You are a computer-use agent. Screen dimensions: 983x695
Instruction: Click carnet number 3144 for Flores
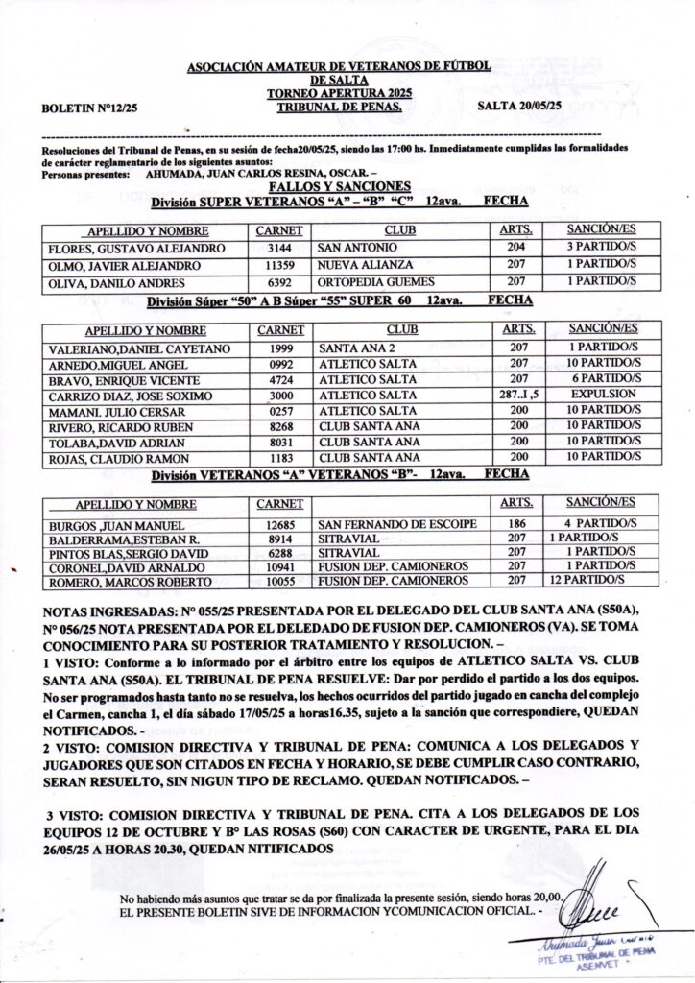[x=280, y=248]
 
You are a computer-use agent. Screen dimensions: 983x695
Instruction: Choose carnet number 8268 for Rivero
[x=280, y=426]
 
